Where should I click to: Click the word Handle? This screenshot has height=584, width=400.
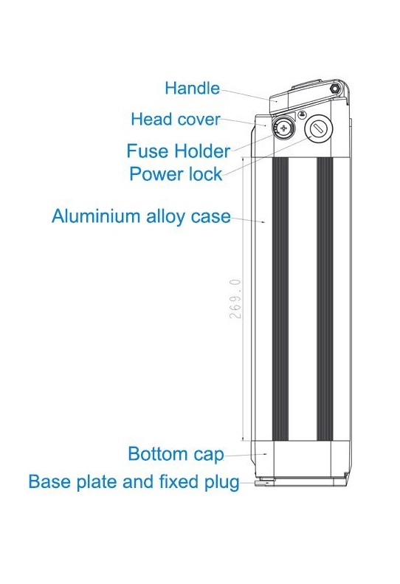coord(192,89)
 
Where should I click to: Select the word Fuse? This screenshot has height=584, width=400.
coord(148,151)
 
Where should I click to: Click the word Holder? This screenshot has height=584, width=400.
coord(202,151)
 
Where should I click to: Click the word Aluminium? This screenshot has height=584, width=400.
coord(96,216)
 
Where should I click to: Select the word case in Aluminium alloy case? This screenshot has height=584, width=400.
coord(211,217)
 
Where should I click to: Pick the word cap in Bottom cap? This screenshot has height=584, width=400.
coord(209,455)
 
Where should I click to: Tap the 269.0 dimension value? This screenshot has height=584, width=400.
coord(235,299)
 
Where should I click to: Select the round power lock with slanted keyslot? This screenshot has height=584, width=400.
coord(318,128)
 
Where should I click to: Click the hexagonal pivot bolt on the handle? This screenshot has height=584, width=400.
coord(335,89)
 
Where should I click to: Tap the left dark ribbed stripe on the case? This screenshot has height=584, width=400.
coord(280,299)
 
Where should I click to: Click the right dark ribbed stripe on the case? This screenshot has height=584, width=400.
coord(325,299)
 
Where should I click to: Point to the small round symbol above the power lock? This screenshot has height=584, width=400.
coord(303,115)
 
